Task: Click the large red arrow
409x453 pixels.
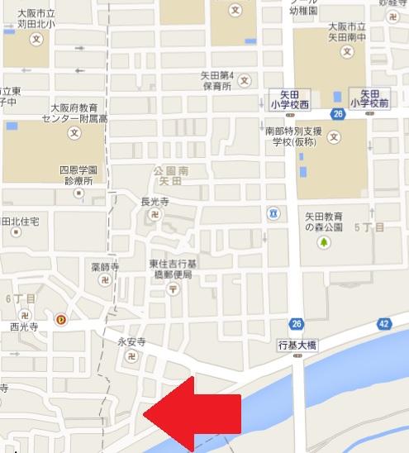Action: coord(194,412)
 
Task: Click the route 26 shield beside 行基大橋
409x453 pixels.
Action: coord(296,323)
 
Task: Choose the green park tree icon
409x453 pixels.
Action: coord(325,242)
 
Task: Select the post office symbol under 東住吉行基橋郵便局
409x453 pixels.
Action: coord(173,288)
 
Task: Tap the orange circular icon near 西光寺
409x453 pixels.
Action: coord(59,318)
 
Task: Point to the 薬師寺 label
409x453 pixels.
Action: coord(104,268)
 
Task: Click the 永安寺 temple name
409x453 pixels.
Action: coord(131,341)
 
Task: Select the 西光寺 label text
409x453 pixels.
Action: coord(25,327)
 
